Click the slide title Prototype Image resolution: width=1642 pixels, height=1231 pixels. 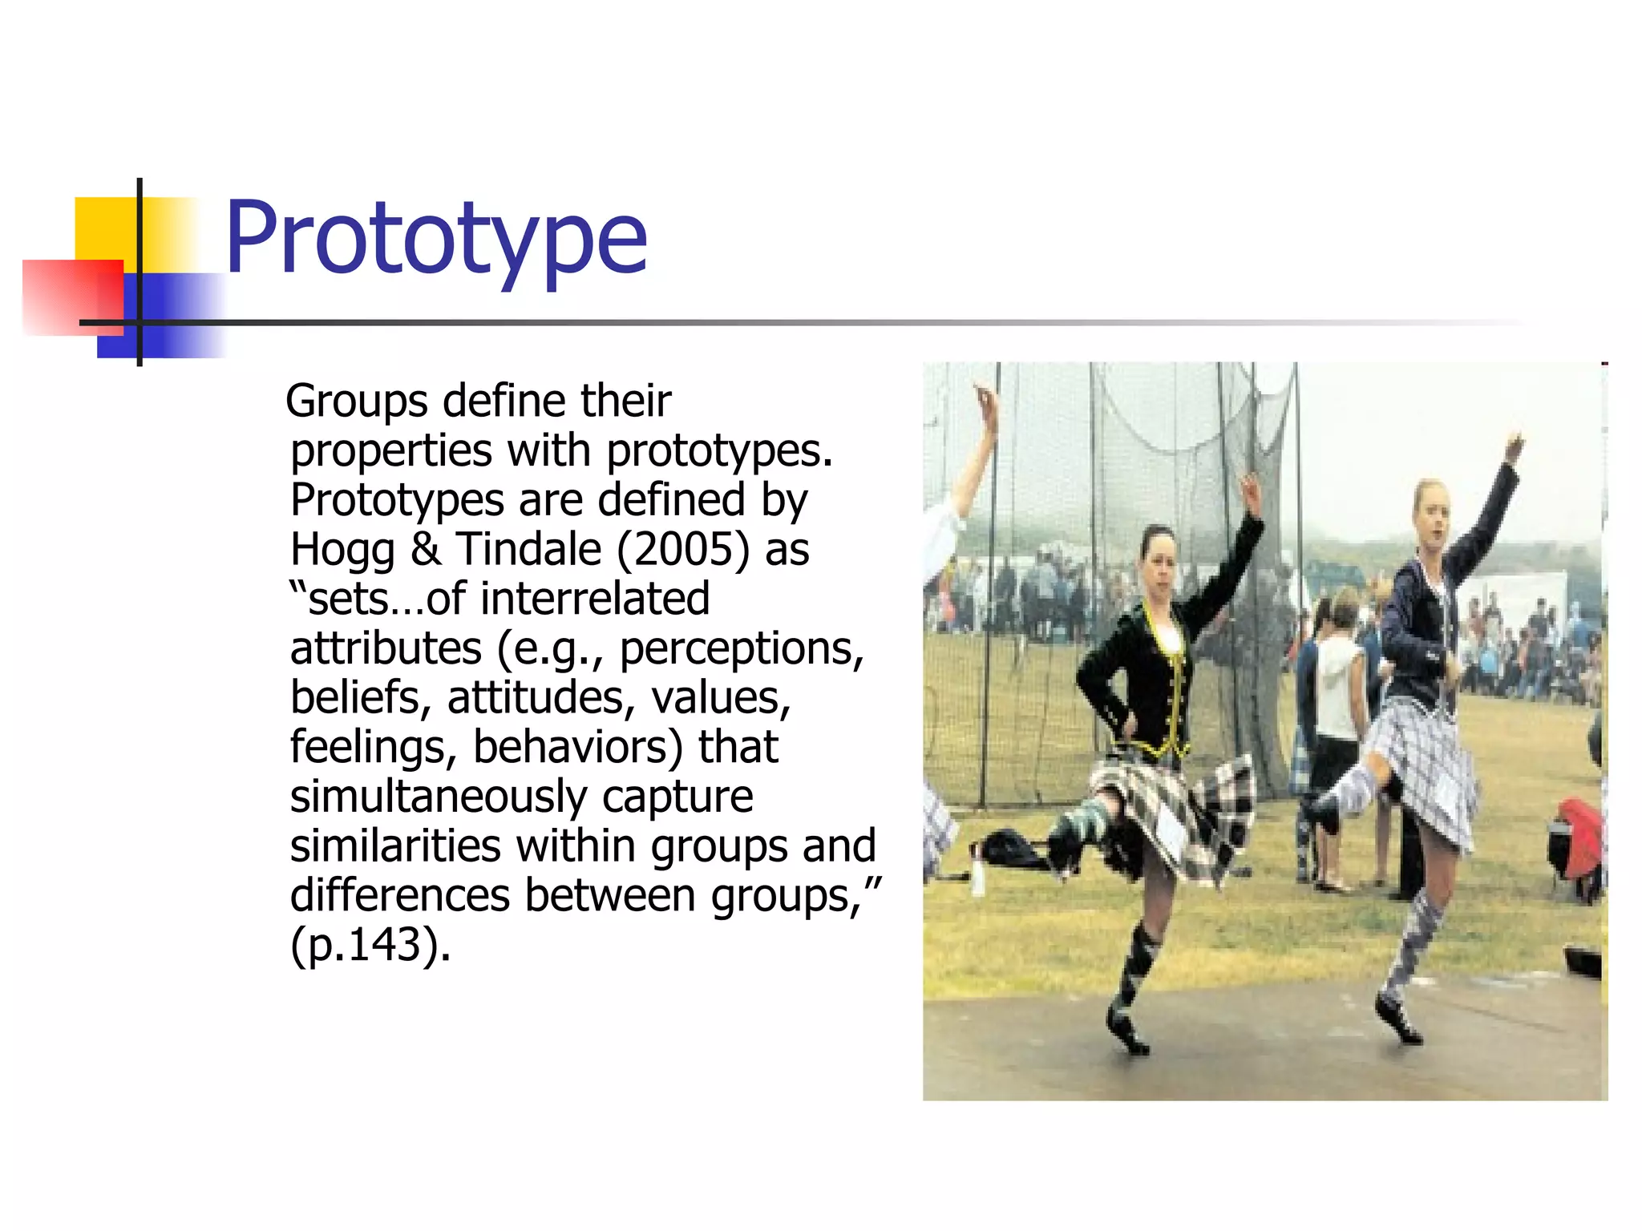[435, 239]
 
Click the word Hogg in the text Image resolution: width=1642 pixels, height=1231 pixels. [342, 551]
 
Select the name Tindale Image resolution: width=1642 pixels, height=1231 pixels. [529, 551]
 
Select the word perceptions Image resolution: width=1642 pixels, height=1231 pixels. [741, 649]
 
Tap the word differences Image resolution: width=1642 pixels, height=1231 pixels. [399, 896]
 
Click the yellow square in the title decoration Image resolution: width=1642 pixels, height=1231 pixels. [104, 228]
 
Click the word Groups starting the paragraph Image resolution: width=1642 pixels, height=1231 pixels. [357, 402]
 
